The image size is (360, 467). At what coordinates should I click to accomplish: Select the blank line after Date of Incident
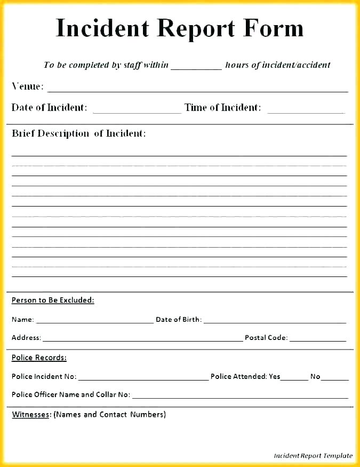point(137,110)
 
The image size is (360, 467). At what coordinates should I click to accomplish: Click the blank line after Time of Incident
point(306,110)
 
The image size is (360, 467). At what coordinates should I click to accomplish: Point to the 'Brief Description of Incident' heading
point(78,133)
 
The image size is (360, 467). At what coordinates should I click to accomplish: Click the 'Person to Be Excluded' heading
point(53,300)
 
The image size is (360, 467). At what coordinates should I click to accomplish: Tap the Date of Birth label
point(178,320)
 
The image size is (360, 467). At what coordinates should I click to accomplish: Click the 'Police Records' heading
point(39,358)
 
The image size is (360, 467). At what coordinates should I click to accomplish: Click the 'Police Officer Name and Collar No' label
point(70,394)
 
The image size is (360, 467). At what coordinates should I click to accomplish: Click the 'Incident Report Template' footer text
point(313,456)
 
